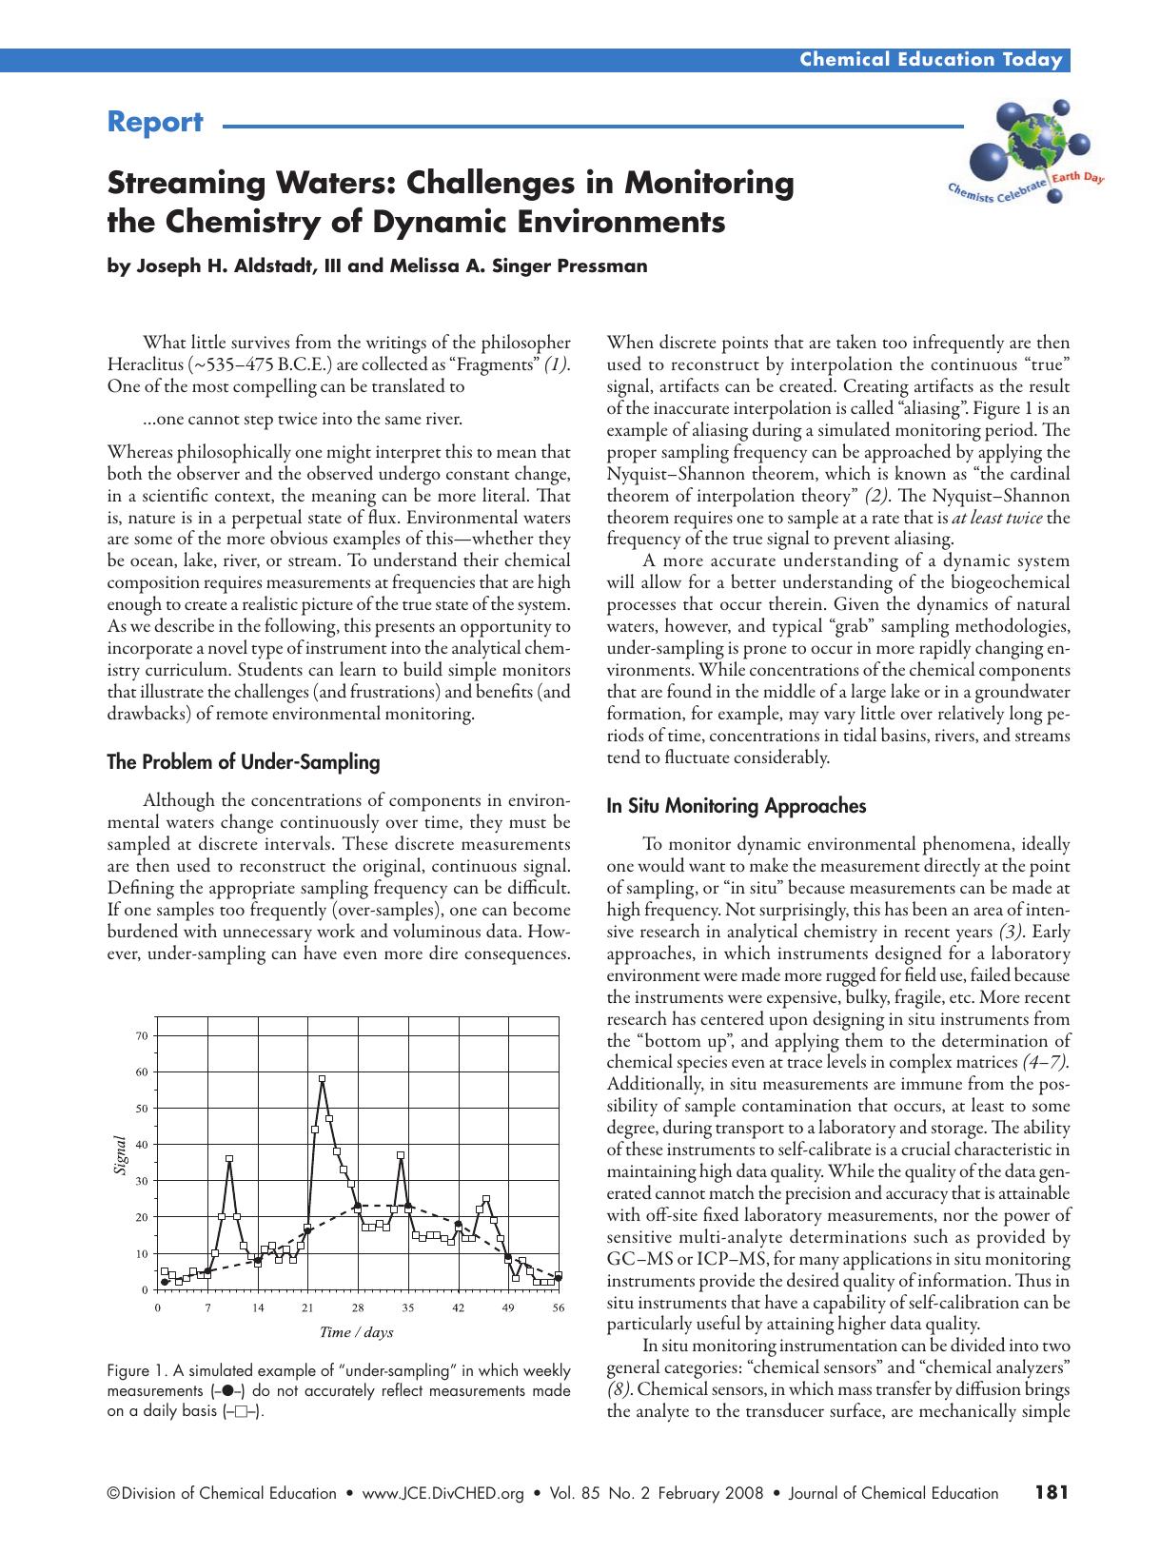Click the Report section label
[155, 123]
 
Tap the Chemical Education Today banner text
[930, 60]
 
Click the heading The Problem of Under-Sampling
[243, 761]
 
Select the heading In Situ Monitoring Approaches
[736, 806]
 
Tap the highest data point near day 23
[322, 1079]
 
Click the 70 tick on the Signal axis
[142, 1035]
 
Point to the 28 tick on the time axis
[358, 1307]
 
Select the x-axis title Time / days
[356, 1331]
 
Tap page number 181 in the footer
[1052, 1492]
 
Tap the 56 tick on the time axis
[558, 1307]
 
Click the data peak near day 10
[229, 1159]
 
